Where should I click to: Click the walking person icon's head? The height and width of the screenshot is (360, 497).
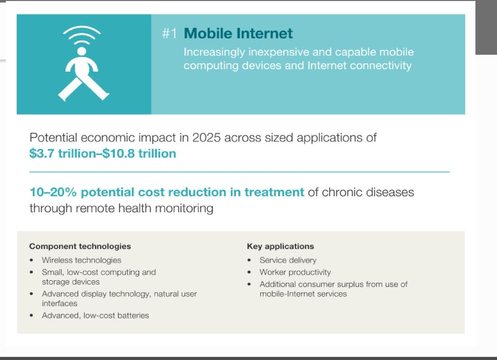82,51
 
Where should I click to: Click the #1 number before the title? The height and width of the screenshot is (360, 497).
169,33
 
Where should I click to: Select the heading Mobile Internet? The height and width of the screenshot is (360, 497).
238,33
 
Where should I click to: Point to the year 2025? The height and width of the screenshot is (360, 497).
206,138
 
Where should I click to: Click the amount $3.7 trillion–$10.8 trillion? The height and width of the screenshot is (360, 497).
103,153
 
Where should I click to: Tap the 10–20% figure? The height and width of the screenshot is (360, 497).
53,192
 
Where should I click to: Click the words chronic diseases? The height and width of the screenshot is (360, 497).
368,192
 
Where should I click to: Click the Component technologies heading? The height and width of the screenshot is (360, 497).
80,246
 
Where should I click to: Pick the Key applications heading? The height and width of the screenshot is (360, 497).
280,246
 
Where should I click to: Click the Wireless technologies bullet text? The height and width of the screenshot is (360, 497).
81,260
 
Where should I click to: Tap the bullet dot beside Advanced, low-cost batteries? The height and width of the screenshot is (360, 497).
31,316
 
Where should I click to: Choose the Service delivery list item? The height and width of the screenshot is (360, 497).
288,260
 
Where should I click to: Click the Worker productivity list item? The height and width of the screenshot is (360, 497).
295,272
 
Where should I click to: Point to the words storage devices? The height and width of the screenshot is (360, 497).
71,282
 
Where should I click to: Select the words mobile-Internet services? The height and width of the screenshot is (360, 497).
303,294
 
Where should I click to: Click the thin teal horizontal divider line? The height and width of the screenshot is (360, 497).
240,172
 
